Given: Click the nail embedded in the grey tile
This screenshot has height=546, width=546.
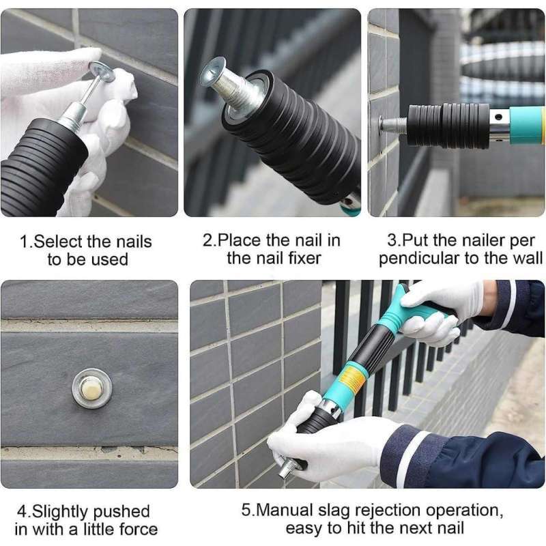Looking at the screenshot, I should pyautogui.click(x=91, y=388).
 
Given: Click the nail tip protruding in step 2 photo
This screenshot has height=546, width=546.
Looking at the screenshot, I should pyautogui.click(x=213, y=71).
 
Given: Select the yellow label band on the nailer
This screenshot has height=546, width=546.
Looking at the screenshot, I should pyautogui.click(x=353, y=379).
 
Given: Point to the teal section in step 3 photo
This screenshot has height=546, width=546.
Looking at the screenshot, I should pyautogui.click(x=526, y=125).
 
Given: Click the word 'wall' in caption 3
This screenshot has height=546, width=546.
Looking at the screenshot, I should pyautogui.click(x=527, y=258).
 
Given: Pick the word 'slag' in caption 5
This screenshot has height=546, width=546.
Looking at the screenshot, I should pyautogui.click(x=326, y=511).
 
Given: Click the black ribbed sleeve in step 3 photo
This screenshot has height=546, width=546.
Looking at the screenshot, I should pyautogui.click(x=448, y=126).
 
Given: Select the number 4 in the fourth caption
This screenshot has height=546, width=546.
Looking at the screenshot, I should pyautogui.click(x=20, y=511).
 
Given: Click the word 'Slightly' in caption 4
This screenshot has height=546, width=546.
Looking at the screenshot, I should pyautogui.click(x=63, y=511).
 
